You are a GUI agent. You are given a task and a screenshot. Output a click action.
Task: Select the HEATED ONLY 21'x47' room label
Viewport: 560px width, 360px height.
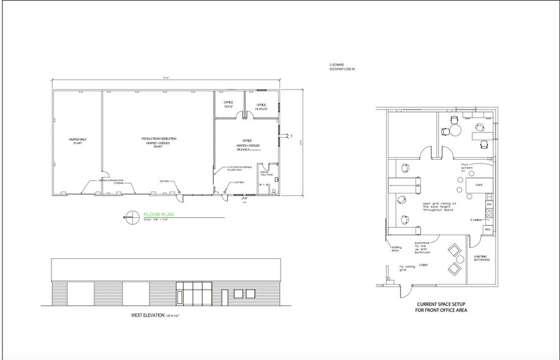[77, 141]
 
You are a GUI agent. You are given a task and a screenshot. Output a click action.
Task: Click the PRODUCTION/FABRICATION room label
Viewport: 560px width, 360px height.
[154, 141]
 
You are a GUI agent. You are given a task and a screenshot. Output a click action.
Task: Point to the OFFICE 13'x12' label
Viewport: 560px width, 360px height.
[228, 105]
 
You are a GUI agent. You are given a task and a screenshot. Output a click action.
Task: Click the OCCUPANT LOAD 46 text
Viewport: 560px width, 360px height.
[342, 69]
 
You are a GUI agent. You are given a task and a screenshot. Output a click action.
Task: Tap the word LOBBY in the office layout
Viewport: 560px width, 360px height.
[423, 266]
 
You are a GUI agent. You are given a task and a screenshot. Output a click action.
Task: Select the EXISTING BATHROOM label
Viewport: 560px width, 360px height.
[482, 258]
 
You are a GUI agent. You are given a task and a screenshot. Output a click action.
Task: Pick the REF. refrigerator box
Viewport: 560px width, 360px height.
[488, 230]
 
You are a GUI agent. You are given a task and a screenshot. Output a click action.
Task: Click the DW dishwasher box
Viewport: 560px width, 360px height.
[489, 204]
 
